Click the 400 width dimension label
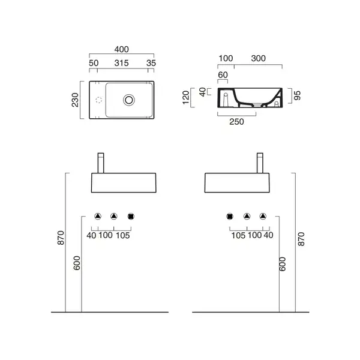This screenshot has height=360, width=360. (121, 49)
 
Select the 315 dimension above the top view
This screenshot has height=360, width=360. (121, 63)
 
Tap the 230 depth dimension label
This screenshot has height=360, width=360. (75, 100)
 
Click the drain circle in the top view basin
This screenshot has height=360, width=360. (129, 100)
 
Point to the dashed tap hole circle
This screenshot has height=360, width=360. (99, 100)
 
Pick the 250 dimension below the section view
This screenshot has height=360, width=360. (236, 122)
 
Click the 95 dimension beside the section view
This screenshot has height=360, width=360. (297, 95)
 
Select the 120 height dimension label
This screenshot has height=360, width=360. (186, 98)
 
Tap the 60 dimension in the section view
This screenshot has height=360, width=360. (223, 75)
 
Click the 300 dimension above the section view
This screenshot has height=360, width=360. (258, 58)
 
